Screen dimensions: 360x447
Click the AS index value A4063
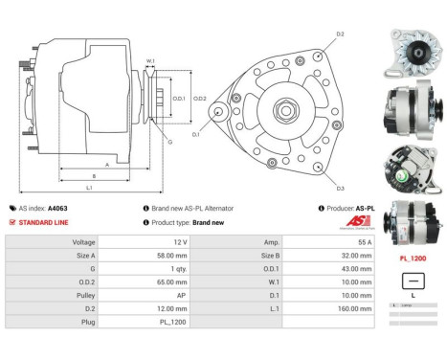point(59,208)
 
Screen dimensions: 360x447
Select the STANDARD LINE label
point(44,222)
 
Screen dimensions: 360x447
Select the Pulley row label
point(84,296)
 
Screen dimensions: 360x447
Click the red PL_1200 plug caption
point(412,259)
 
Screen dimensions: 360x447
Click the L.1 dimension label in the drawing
point(88,187)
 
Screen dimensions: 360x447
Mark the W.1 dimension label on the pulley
point(150,61)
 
